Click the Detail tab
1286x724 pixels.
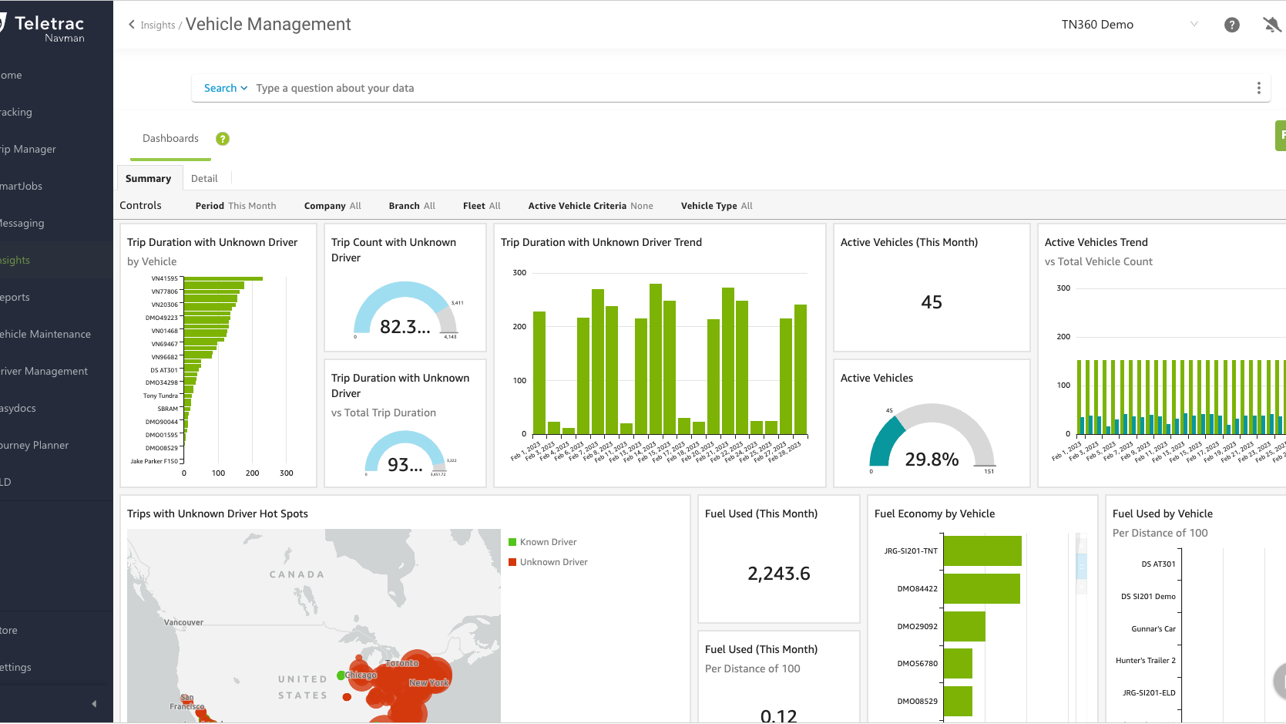click(204, 178)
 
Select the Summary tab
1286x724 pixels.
click(148, 178)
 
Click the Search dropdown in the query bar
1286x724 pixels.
click(225, 88)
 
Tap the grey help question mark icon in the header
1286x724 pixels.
click(1231, 25)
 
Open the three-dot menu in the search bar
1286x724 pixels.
click(1258, 88)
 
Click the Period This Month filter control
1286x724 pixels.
click(236, 206)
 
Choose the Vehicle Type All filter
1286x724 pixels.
click(716, 206)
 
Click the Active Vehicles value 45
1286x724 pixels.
click(931, 302)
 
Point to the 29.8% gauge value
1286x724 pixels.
click(931, 460)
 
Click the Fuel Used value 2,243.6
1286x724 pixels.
click(778, 574)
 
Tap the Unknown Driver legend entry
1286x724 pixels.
click(552, 562)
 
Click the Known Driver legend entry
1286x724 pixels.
click(547, 542)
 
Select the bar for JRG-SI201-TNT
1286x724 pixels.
click(982, 551)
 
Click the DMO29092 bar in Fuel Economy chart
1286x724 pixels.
click(964, 626)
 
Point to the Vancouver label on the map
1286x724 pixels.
click(183, 622)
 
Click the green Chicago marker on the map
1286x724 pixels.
click(341, 675)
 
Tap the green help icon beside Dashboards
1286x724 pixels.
click(223, 139)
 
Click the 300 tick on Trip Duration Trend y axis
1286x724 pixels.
click(519, 272)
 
